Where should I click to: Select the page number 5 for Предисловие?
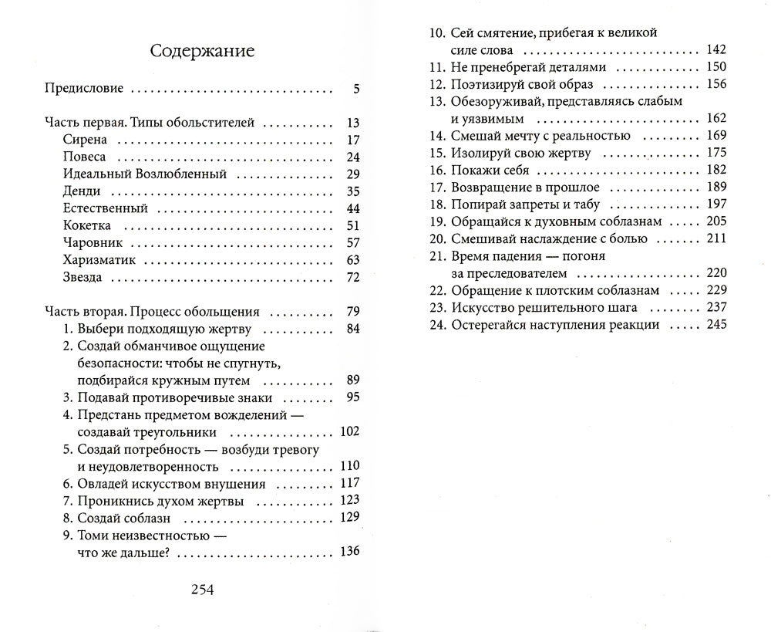point(356,89)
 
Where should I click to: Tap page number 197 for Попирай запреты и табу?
point(715,204)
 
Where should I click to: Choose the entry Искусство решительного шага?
point(533,307)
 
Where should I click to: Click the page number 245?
point(715,325)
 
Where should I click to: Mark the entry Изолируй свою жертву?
point(510,153)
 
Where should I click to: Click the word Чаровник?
point(89,242)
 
